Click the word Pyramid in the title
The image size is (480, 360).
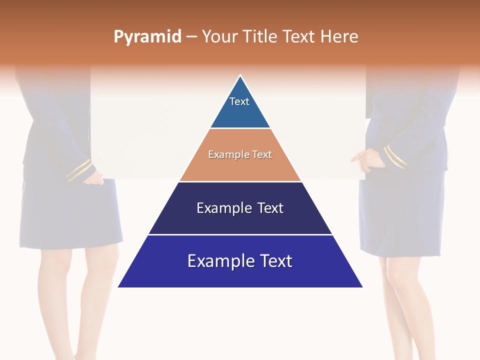pos(147,37)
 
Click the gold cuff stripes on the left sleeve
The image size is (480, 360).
pos(79,170)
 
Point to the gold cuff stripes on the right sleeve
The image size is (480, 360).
pos(395,156)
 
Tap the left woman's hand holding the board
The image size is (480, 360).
pos(93,178)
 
